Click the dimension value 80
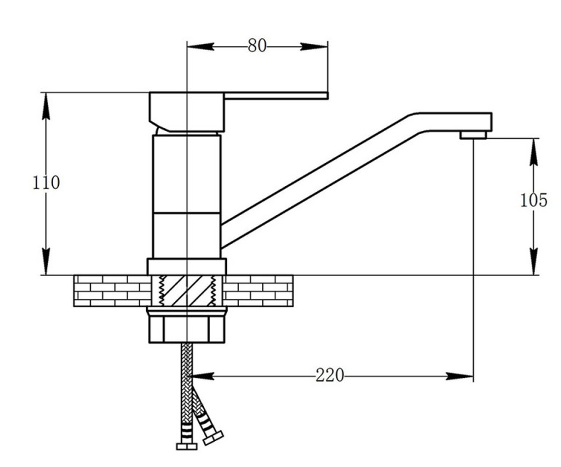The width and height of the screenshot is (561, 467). point(257,46)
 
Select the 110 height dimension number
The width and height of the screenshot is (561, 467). point(46,183)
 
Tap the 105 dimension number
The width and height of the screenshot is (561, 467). point(533,200)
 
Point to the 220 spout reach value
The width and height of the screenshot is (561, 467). point(330,375)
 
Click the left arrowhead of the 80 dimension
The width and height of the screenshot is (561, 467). point(201,47)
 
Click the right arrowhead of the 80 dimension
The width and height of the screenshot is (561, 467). point(314,47)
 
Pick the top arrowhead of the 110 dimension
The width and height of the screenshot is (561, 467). point(46,106)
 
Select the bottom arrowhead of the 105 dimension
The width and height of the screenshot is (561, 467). point(533,262)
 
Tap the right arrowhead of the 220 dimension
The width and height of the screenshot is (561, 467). point(460,376)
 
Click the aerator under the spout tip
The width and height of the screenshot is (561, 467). point(473,135)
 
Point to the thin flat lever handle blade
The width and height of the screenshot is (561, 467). point(276,96)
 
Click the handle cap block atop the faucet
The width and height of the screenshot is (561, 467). point(187,112)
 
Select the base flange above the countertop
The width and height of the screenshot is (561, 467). point(187,267)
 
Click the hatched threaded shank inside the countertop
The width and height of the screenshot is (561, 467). point(187,290)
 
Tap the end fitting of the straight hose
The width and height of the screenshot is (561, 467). point(187,446)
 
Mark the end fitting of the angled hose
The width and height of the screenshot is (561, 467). point(213,438)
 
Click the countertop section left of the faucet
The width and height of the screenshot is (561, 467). point(113,290)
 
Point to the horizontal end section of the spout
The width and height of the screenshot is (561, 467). point(454,122)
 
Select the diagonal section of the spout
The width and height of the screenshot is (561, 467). point(320,180)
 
